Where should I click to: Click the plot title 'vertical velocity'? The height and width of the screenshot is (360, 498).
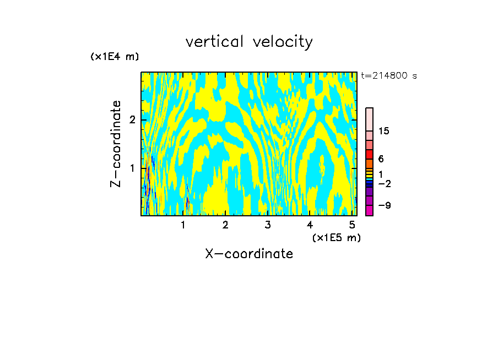pyautogui.click(x=249, y=42)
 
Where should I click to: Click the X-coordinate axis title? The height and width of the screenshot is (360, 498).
pyautogui.click(x=249, y=254)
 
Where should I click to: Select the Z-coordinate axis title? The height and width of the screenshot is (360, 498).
pyautogui.click(x=116, y=144)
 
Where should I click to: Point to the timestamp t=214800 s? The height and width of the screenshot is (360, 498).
pyautogui.click(x=389, y=75)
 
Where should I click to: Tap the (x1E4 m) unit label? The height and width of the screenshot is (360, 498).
pyautogui.click(x=115, y=57)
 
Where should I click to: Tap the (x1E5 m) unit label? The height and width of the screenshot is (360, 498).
pyautogui.click(x=336, y=237)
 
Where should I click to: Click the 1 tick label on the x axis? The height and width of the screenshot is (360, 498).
pyautogui.click(x=183, y=225)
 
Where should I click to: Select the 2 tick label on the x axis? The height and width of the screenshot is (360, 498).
pyautogui.click(x=225, y=225)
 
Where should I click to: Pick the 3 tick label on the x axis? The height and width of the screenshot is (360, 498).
pyautogui.click(x=268, y=225)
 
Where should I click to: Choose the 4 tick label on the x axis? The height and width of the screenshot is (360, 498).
pyautogui.click(x=310, y=225)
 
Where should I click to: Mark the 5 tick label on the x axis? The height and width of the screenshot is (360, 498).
pyautogui.click(x=352, y=225)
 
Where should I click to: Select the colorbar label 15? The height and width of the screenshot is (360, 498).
pyautogui.click(x=384, y=131)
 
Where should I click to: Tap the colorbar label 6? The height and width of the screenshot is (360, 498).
pyautogui.click(x=381, y=159)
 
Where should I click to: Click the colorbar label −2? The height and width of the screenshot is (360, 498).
pyautogui.click(x=384, y=183)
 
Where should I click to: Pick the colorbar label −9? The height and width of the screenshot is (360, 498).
pyautogui.click(x=384, y=205)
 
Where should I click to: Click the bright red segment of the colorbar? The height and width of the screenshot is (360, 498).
pyautogui.click(x=369, y=154)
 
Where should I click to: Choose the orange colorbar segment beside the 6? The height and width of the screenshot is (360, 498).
pyautogui.click(x=369, y=163)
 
